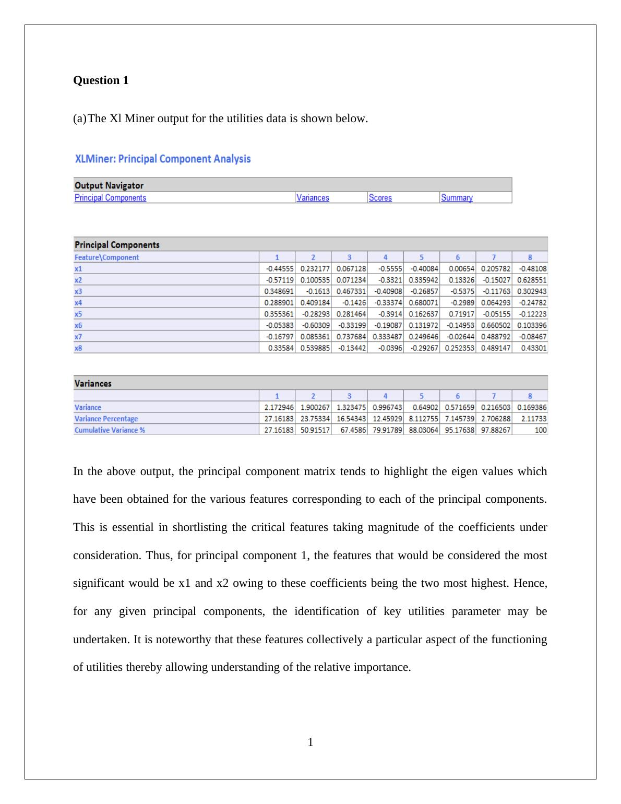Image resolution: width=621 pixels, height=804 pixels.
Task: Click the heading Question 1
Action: (101, 80)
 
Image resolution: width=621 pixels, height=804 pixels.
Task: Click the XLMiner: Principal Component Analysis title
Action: (163, 159)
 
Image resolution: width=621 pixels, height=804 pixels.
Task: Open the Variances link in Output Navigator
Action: (313, 198)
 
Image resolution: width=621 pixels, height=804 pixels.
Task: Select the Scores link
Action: (380, 198)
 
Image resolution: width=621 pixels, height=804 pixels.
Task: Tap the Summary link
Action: (457, 198)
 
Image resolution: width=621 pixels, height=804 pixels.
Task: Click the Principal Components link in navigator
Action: (110, 198)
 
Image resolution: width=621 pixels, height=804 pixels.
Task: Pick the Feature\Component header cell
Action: (107, 257)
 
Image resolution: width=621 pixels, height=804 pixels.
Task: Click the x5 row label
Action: (78, 314)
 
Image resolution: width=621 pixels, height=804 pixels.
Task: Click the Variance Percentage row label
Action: (106, 419)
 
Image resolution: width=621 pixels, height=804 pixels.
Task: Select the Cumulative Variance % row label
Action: (110, 430)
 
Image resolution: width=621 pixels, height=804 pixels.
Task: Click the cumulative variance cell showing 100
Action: (541, 430)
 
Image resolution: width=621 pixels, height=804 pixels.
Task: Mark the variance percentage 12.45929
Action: (387, 419)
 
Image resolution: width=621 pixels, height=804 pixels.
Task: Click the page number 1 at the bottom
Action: (310, 742)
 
